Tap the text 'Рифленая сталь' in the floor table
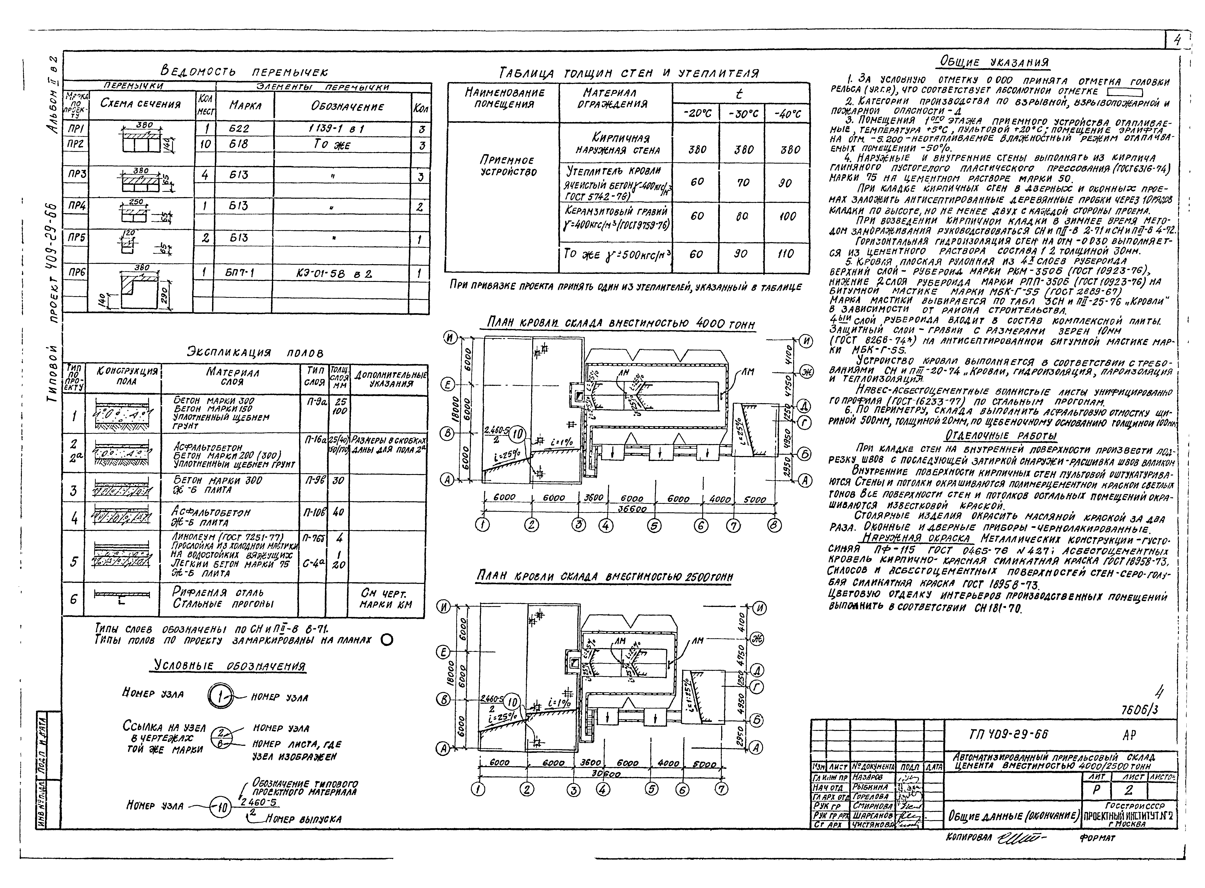pyautogui.click(x=218, y=592)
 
